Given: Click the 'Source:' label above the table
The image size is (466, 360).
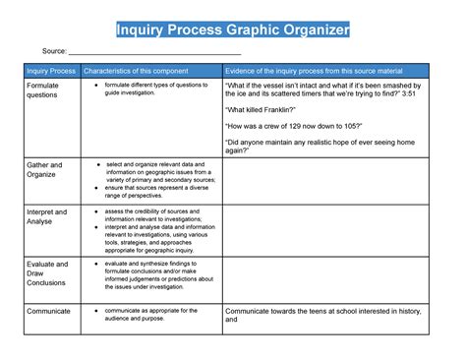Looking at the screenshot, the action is pyautogui.click(x=53, y=51).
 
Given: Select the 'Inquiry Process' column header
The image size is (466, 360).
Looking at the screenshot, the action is pyautogui.click(x=51, y=71).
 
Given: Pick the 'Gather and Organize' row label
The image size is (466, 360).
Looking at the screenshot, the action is pyautogui.click(x=44, y=170).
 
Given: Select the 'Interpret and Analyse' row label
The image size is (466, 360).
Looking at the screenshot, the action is pyautogui.click(x=46, y=216).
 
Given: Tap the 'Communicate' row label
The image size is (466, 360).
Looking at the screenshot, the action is pyautogui.click(x=49, y=311).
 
